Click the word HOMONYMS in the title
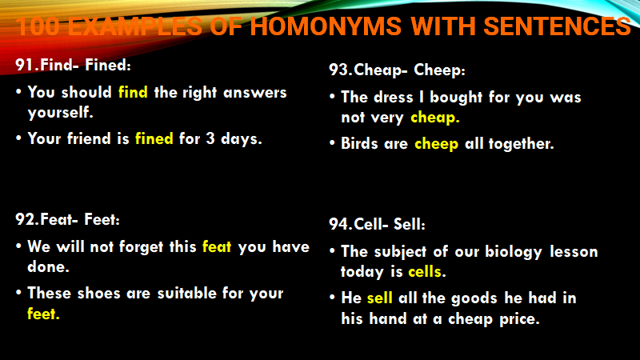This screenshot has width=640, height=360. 326,26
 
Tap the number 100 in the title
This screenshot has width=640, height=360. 38,26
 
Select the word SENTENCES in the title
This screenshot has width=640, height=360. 557,26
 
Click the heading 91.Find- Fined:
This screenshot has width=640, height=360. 74,65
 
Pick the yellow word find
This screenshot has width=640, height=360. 133,92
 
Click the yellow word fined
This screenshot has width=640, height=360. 154,138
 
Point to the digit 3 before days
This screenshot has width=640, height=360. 210,138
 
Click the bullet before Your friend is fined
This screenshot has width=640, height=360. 18,138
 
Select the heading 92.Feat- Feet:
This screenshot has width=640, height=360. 68,219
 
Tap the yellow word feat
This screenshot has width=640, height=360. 217,246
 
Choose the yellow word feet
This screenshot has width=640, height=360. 43,314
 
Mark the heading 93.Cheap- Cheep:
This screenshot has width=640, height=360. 397,70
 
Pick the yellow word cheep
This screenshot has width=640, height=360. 436,144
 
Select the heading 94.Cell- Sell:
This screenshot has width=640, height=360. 377,224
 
